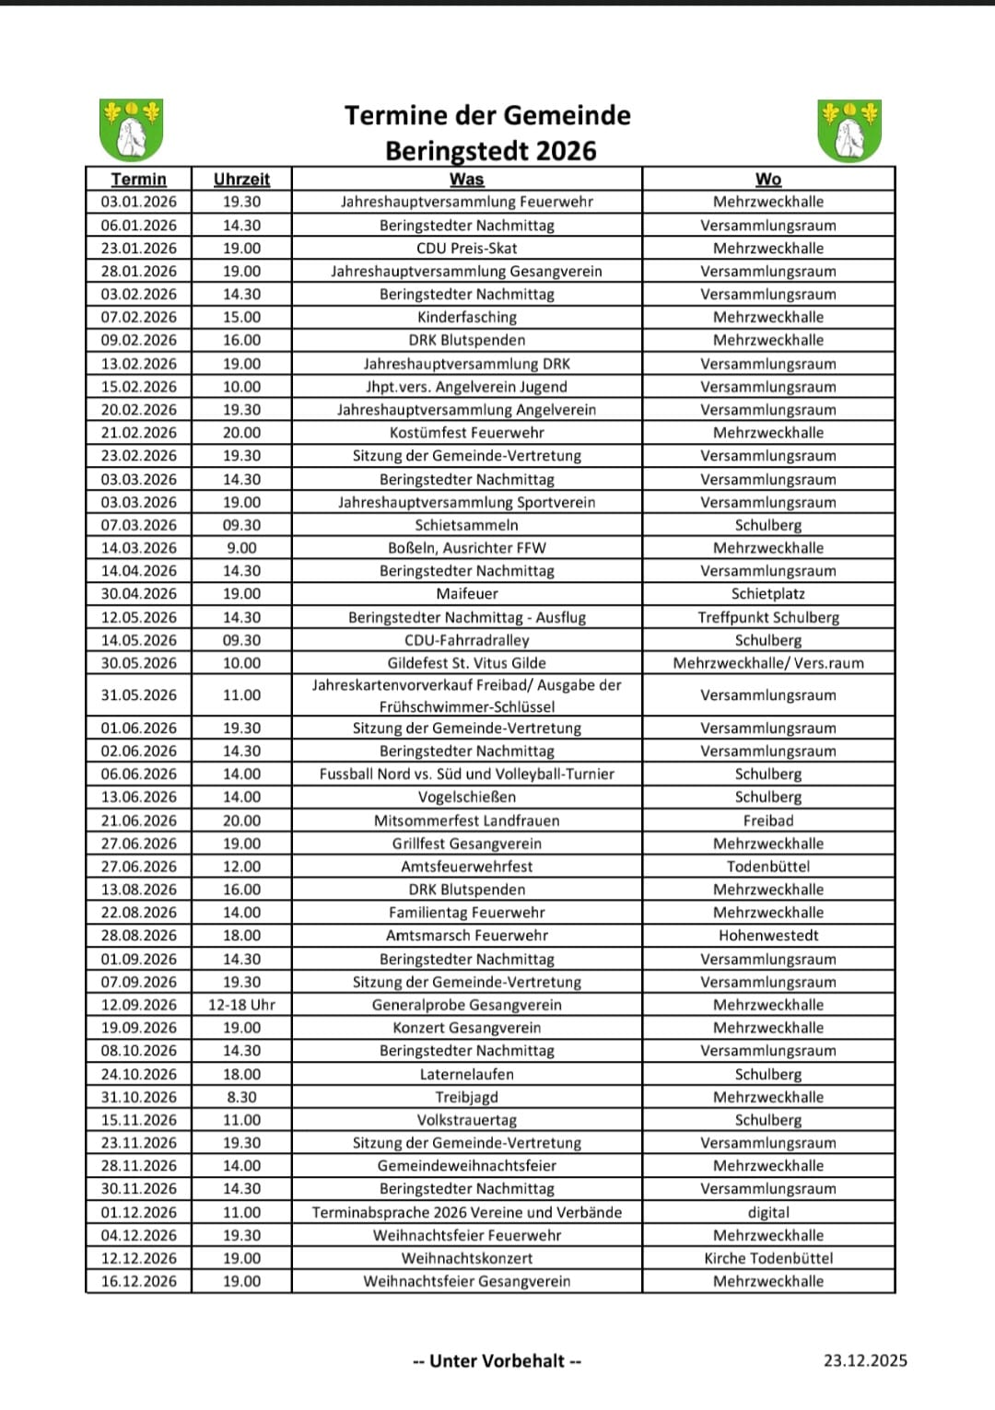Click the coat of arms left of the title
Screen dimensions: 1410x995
tap(131, 130)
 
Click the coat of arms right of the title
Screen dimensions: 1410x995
tap(849, 130)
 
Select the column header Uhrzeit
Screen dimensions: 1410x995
tap(241, 180)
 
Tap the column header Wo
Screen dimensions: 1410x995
tap(768, 180)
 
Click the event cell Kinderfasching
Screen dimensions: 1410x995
tap(467, 318)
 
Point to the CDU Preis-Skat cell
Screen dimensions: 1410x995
tap(467, 249)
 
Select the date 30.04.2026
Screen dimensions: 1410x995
tap(139, 594)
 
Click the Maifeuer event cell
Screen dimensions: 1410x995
tap(467, 594)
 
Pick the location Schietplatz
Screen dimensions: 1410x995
tap(768, 594)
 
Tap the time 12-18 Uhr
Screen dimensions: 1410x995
tap(241, 1005)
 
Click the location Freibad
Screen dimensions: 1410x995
tap(768, 821)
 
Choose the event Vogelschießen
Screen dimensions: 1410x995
tap(467, 798)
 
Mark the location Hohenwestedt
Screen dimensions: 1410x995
tap(768, 936)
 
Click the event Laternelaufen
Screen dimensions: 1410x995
tap(467, 1074)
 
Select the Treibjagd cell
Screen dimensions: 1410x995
tap(467, 1097)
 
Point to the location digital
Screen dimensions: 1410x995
tap(768, 1213)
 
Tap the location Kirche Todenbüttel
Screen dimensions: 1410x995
tap(768, 1259)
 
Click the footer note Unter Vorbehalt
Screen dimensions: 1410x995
tap(497, 1361)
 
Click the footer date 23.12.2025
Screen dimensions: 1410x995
tap(865, 1361)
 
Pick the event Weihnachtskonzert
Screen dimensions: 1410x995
tap(467, 1259)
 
